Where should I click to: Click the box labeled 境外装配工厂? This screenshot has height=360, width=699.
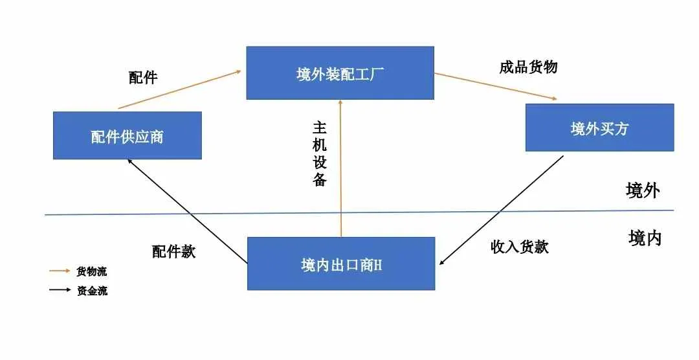pos(340,73)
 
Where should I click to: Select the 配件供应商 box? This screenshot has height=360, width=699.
pos(128,135)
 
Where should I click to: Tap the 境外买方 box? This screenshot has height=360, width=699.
pos(599,128)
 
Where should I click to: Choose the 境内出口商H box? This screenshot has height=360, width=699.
pos(341,264)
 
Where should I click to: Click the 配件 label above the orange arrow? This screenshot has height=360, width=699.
pos(143,77)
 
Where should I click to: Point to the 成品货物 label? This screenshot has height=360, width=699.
pos(528,67)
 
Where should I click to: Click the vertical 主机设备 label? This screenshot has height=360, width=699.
pos(320,153)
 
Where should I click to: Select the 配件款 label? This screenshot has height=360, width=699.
pos(174,252)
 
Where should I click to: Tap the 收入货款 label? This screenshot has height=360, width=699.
pos(519,246)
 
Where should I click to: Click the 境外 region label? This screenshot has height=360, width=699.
pos(643,190)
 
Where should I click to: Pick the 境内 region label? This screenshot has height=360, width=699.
pos(645,238)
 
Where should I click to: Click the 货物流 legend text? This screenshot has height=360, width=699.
pos(92,271)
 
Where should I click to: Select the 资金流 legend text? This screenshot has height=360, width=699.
pos(93,291)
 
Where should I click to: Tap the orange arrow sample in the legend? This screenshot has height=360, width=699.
pos(60,271)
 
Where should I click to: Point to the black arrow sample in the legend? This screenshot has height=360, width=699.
pos(60,290)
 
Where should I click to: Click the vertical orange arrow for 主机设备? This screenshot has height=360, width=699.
pos(340,168)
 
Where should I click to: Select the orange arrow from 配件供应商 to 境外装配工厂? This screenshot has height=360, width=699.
pos(180,89)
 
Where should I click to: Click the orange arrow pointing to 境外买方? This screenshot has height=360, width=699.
pos(496,87)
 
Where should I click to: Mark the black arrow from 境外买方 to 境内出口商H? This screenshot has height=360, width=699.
pos(502,210)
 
